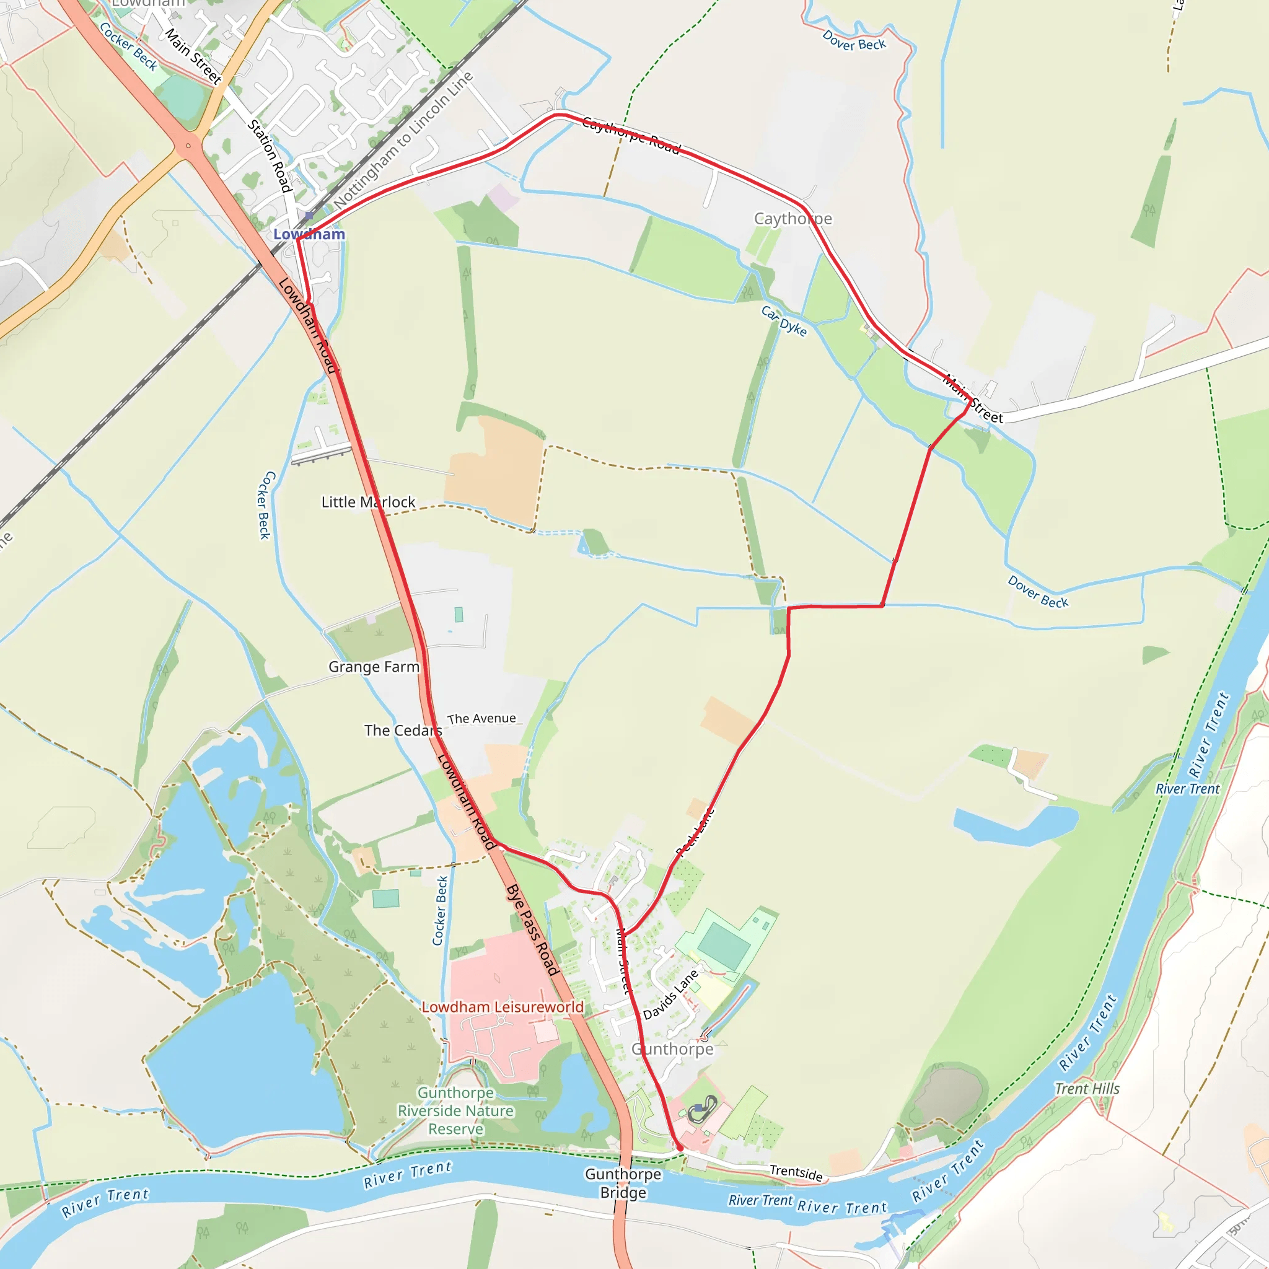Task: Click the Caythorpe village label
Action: click(793, 219)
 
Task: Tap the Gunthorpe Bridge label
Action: click(623, 1183)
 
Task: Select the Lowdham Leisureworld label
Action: click(503, 1007)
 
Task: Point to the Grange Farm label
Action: click(374, 667)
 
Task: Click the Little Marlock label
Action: click(368, 502)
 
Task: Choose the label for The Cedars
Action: click(403, 731)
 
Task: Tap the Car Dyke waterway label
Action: click(784, 320)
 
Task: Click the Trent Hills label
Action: click(1087, 1088)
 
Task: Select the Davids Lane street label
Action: click(670, 995)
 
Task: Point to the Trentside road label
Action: click(796, 1172)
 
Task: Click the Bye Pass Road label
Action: click(533, 930)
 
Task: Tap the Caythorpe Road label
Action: click(631, 134)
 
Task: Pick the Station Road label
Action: click(270, 156)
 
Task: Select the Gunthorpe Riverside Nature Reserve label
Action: click(456, 1111)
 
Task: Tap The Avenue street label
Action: click(481, 719)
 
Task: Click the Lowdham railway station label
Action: click(309, 234)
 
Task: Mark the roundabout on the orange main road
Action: click(188, 146)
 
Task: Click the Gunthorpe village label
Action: click(672, 1049)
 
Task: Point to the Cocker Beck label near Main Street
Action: click(129, 46)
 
